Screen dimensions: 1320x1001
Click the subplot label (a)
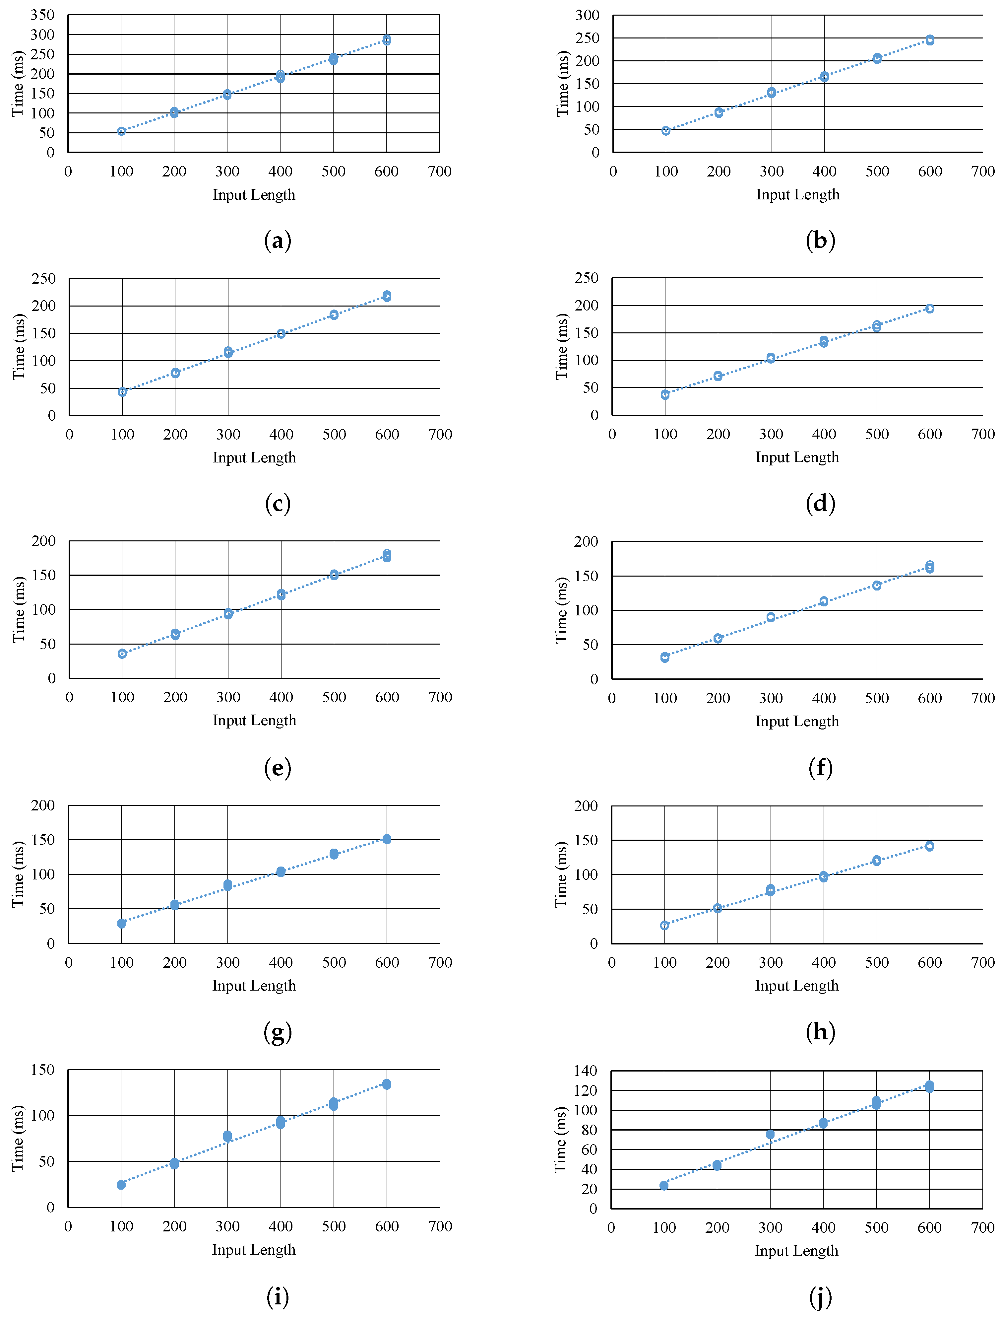point(278,241)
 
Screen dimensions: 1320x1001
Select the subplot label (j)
point(820,1297)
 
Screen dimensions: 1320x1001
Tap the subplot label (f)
point(820,768)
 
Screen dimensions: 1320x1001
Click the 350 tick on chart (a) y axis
point(42,15)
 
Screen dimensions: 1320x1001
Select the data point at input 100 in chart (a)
point(121,131)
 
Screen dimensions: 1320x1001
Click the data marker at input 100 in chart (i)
point(121,1185)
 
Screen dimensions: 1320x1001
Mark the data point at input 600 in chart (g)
point(387,839)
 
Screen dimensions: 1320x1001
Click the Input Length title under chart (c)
point(254,458)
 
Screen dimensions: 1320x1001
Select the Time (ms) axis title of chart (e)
point(19,609)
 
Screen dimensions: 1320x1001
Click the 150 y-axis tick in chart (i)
point(42,1070)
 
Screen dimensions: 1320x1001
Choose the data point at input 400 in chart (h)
point(823,876)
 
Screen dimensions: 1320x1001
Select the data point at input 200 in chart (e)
point(175,634)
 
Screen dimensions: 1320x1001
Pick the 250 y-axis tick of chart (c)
point(43,279)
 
